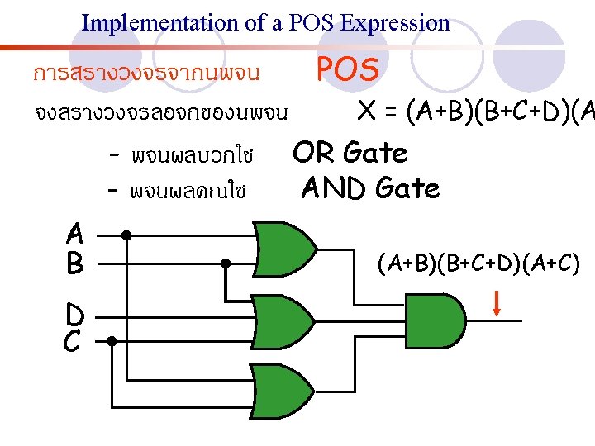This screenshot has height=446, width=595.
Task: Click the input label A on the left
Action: coord(75,234)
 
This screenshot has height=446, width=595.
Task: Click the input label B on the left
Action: coord(75,263)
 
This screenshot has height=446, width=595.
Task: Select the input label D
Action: coord(75,315)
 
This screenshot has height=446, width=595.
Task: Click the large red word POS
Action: coord(348,71)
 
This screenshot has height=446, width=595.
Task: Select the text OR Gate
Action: coord(350,153)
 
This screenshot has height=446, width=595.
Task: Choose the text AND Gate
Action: coord(370,188)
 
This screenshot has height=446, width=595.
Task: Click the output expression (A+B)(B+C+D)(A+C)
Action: coord(479,264)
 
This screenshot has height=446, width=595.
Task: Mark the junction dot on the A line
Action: coord(126,235)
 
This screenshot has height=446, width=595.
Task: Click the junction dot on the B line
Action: coord(225,263)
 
